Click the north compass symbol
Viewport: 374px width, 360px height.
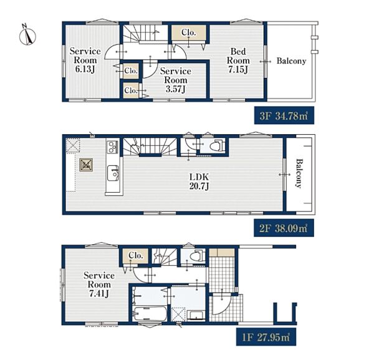tap(27, 36)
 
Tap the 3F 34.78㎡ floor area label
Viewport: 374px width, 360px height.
tap(284, 116)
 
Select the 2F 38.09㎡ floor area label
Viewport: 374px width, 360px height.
tap(284, 228)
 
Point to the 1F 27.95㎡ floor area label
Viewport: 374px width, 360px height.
tap(266, 337)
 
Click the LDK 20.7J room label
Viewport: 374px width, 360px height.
tap(199, 182)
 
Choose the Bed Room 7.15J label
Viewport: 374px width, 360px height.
tap(238, 61)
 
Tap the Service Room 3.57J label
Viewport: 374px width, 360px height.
tap(176, 80)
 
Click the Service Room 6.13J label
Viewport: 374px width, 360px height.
tap(85, 60)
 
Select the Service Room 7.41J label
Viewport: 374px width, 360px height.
tap(98, 285)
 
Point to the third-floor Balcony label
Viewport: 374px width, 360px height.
tap(291, 61)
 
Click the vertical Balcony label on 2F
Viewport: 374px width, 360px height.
tap(299, 174)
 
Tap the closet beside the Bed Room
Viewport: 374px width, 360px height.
tap(189, 32)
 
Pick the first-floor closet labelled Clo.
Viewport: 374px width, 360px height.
tap(135, 256)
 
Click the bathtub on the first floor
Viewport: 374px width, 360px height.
tap(150, 314)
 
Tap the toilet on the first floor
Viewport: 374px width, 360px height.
tap(198, 256)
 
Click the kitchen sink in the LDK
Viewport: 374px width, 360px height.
tap(113, 173)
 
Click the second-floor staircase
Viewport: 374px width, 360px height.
tap(150, 146)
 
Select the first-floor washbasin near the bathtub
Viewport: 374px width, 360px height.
tap(196, 315)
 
